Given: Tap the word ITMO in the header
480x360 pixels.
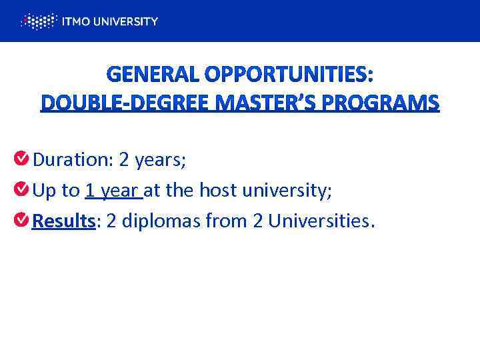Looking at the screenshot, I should coord(74,21).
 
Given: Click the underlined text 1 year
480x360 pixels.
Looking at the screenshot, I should coord(113,191).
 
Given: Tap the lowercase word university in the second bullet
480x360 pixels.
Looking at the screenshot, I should coord(290,191).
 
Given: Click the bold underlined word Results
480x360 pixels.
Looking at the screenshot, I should coord(64,221).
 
